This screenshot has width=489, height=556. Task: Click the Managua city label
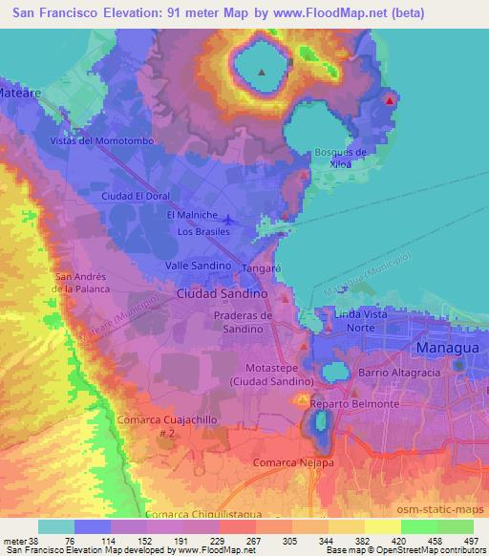446,351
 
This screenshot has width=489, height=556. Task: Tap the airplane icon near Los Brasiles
253,223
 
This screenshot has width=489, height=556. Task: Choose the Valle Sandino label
199,265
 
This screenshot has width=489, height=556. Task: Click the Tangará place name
260,269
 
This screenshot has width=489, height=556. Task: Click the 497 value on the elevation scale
471,541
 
